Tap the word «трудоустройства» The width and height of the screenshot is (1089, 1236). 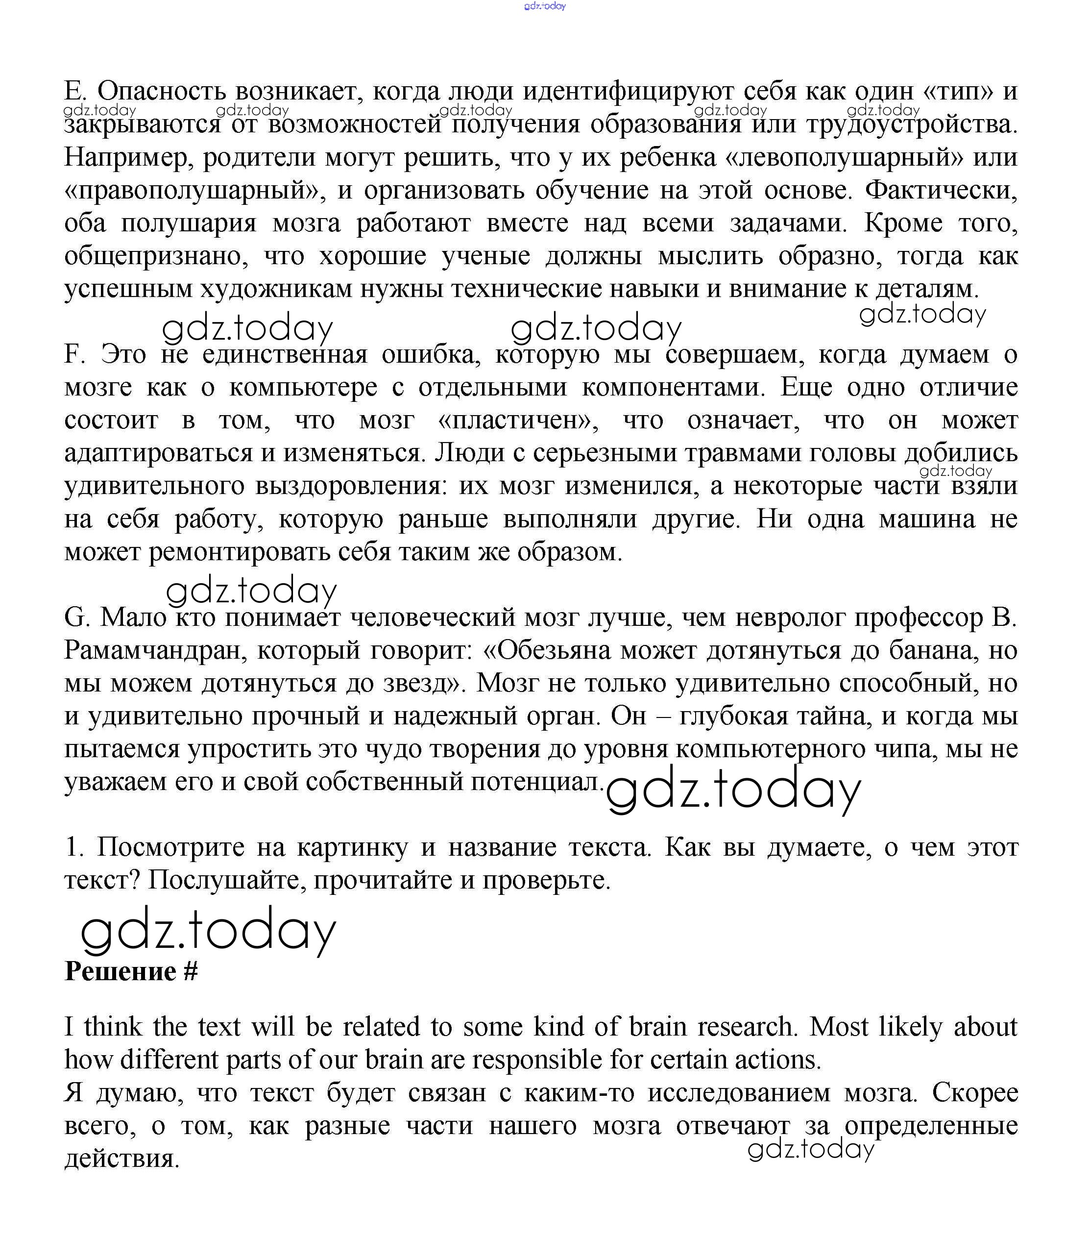pyautogui.click(x=911, y=124)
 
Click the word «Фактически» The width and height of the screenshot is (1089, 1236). pyautogui.click(x=941, y=191)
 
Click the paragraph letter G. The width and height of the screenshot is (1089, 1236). pyautogui.click(x=75, y=618)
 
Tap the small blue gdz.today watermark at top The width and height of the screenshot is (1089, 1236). pyautogui.click(x=545, y=6)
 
